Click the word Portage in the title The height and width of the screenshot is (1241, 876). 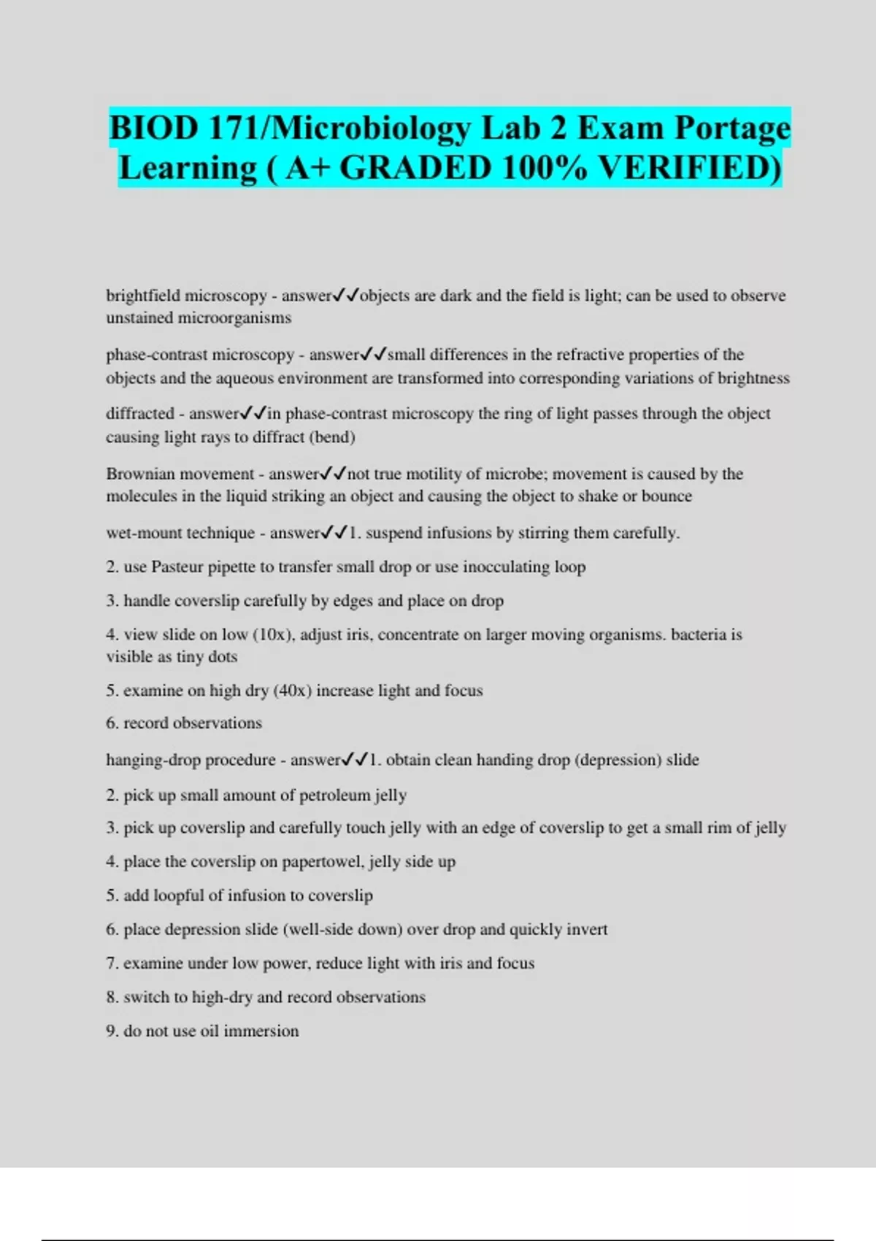(x=731, y=128)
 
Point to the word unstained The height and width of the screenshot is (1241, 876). (x=139, y=318)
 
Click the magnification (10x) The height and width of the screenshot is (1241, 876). (x=272, y=634)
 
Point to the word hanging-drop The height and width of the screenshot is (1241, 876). (x=153, y=760)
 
